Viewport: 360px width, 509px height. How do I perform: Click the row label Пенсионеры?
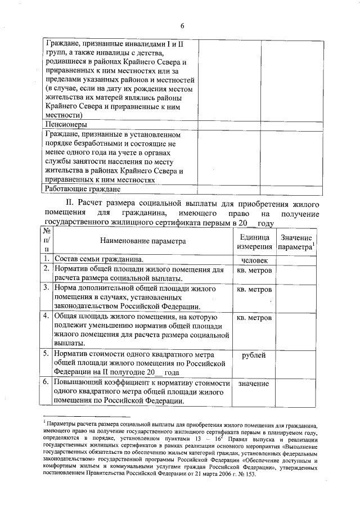pyautogui.click(x=65, y=124)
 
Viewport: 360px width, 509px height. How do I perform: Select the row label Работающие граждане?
pyautogui.click(x=82, y=189)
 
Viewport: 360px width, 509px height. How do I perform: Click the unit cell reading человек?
pyautogui.click(x=254, y=260)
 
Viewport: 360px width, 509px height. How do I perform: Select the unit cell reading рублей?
pyautogui.click(x=254, y=355)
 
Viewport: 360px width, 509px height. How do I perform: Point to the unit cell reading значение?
pyautogui.click(x=254, y=384)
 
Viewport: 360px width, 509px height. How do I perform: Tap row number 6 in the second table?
pyautogui.click(x=47, y=383)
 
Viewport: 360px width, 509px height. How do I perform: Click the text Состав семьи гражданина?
pyautogui.click(x=98, y=259)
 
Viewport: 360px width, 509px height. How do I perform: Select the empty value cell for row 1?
pyautogui.click(x=296, y=259)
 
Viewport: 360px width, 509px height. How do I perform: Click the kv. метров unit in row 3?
pyautogui.click(x=254, y=289)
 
